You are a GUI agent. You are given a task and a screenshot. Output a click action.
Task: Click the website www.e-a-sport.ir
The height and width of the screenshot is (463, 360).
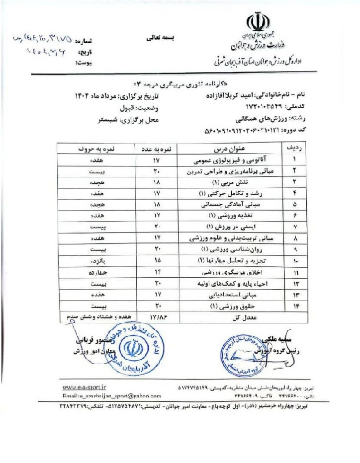click(87, 387)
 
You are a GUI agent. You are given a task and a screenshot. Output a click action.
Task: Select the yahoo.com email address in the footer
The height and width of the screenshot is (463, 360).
click(112, 395)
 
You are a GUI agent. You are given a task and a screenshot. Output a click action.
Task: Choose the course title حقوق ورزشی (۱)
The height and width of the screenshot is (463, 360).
click(228, 306)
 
